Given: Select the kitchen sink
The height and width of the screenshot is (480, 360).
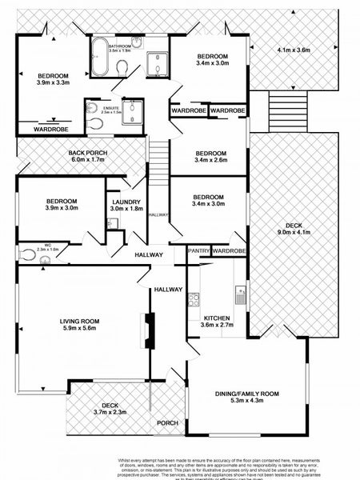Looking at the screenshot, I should [238, 298].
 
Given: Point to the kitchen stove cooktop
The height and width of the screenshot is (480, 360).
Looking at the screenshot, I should [193, 300].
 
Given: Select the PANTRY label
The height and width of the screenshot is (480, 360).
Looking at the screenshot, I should [198, 251].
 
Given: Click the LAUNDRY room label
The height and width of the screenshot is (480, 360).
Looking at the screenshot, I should [126, 202].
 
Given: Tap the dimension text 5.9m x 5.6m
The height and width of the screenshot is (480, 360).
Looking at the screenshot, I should [78, 327].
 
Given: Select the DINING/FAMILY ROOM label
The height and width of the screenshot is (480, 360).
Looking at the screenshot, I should [246, 394].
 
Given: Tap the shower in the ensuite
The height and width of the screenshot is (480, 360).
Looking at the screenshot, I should [132, 113].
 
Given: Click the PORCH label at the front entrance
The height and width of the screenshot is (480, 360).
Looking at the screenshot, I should [167, 423].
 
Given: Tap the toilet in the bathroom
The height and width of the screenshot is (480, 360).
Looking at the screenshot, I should [121, 70].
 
